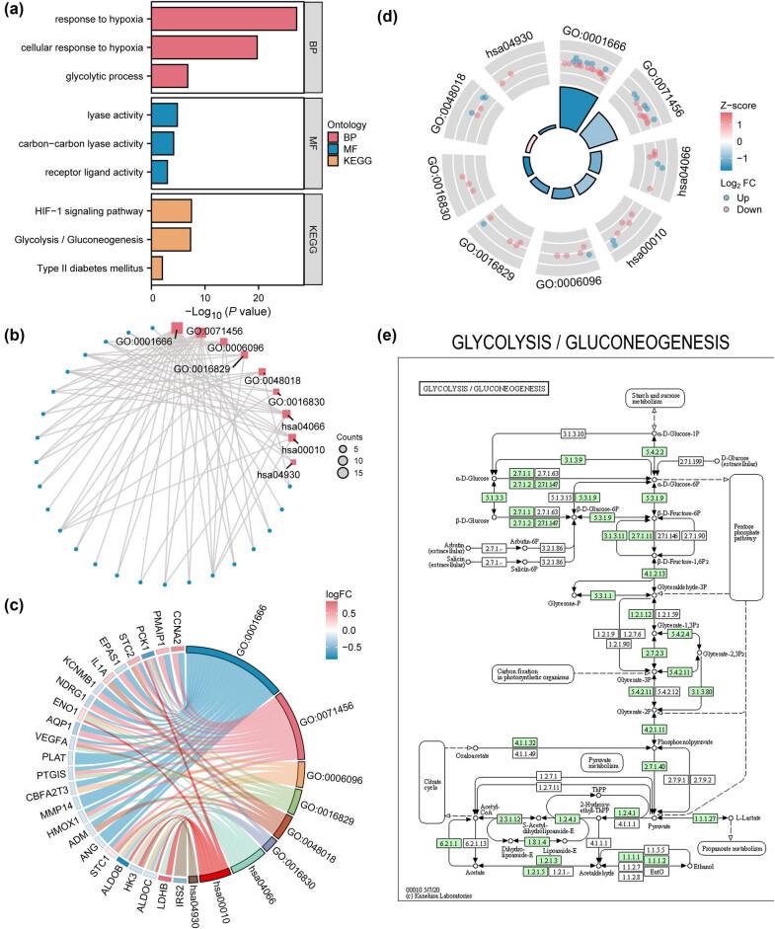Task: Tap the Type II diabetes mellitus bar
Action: point(156,268)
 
